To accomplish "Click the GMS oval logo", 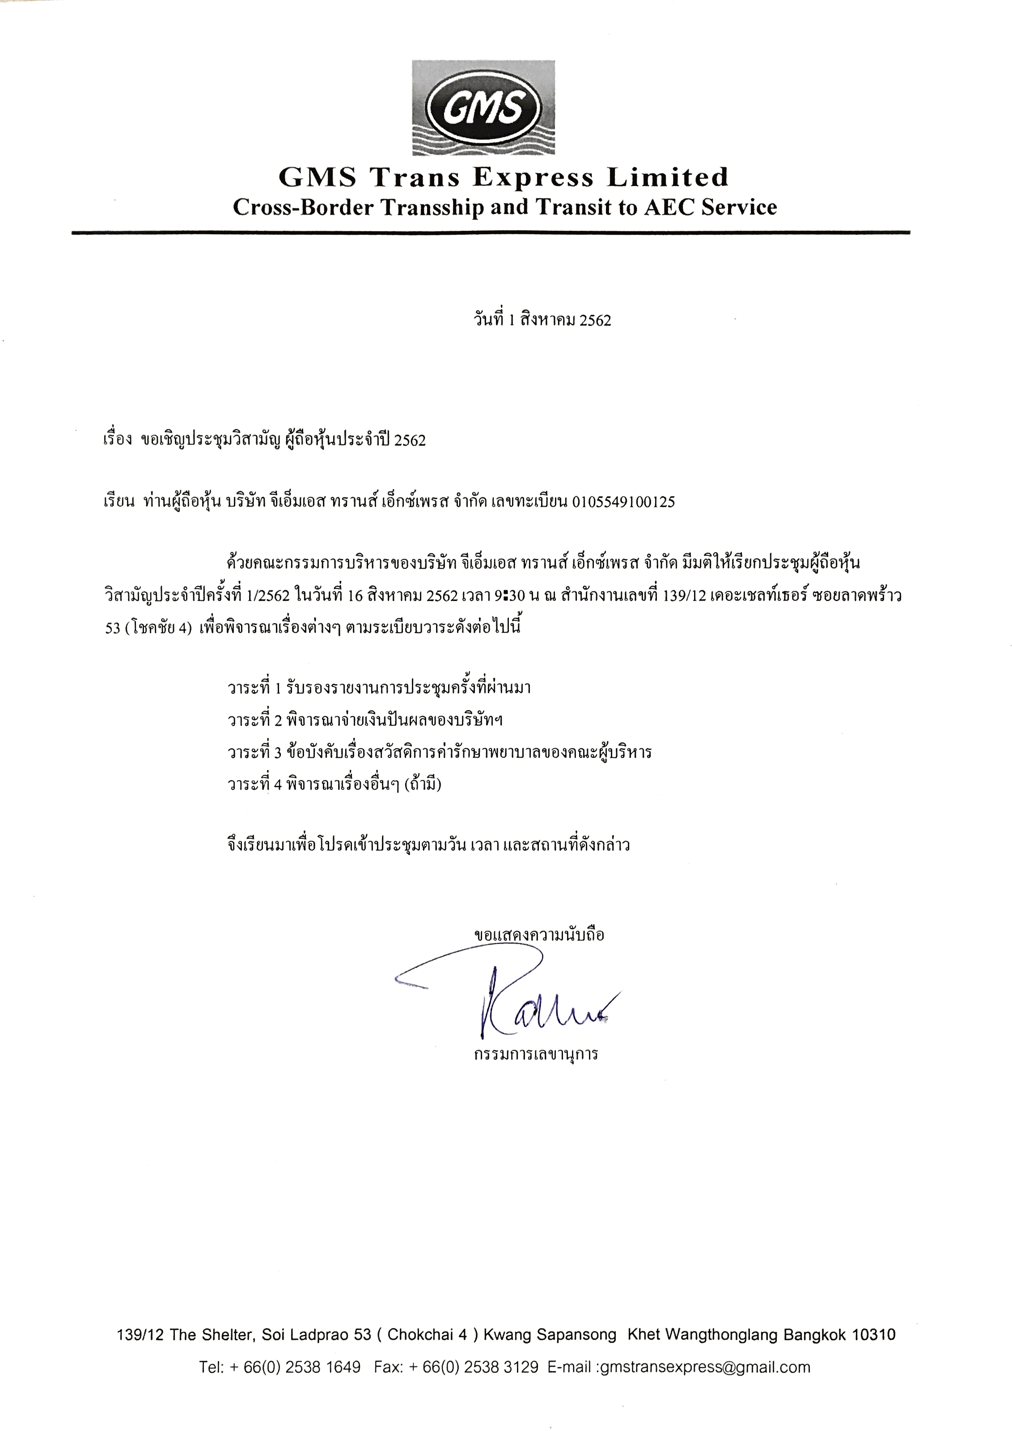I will (483, 108).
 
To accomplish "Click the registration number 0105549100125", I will (623, 502).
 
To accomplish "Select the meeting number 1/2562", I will (269, 596).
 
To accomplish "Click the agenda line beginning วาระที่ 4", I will (334, 784).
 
